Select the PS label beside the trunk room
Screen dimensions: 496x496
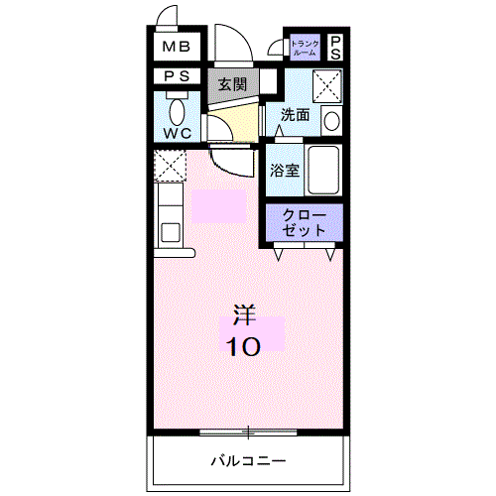pos(335,47)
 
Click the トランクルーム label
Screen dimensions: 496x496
pos(305,47)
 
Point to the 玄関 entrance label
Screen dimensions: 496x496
pos(233,83)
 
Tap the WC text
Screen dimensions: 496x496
pos(178,133)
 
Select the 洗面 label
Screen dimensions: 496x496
pos(295,115)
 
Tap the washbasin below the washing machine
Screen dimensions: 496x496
pos(332,121)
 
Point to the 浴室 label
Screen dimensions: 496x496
pos(286,170)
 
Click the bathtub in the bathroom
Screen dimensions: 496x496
pos(323,170)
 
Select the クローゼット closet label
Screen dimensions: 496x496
pos(305,221)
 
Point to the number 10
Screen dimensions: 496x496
pos(243,347)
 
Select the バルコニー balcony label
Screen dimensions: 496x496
pos(248,461)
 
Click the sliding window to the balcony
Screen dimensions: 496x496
pos(248,432)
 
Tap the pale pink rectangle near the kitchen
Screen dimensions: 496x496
pos(218,206)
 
